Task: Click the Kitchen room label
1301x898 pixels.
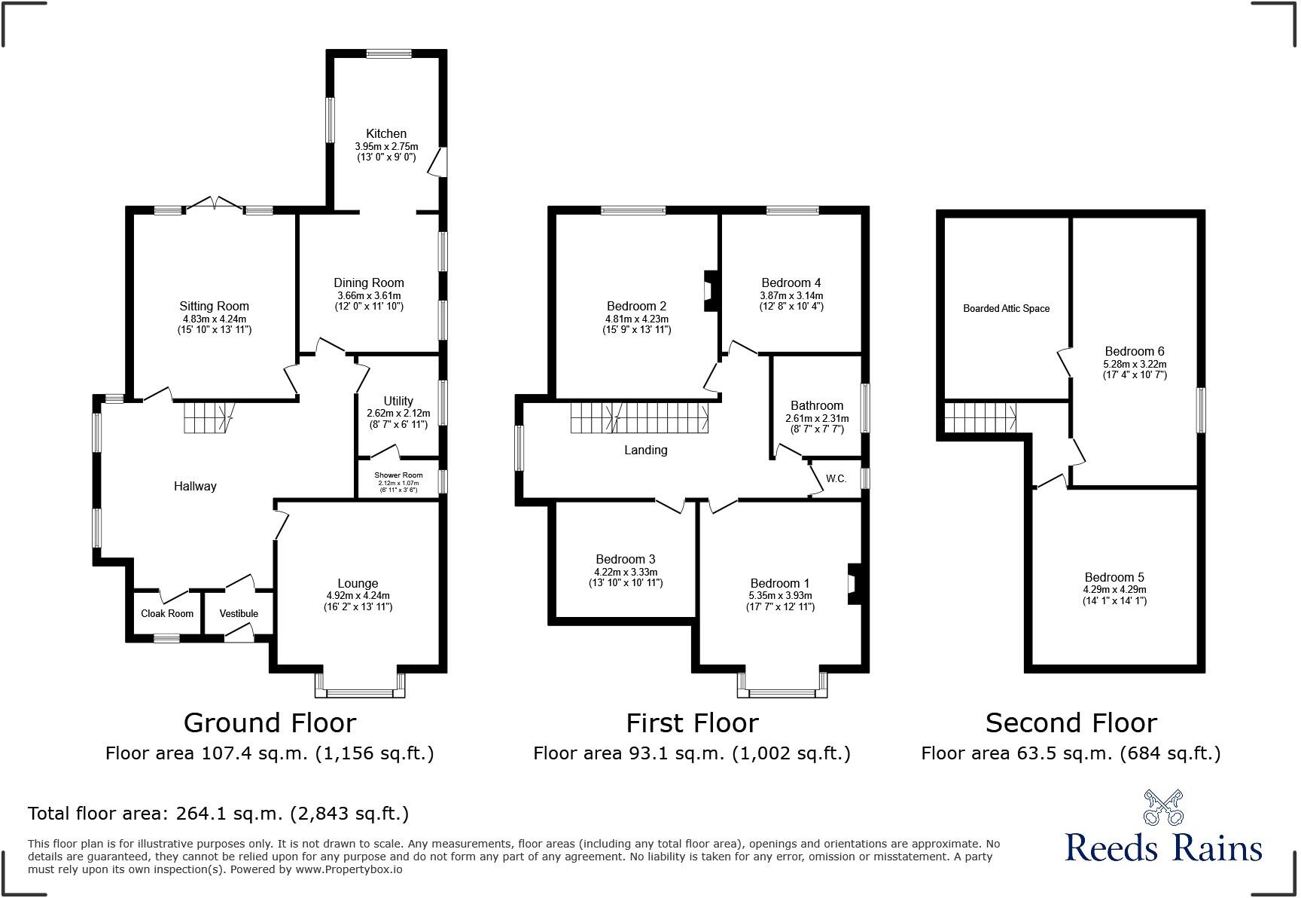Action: pyautogui.click(x=386, y=133)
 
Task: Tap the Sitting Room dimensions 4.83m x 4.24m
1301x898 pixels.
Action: pyautogui.click(x=214, y=319)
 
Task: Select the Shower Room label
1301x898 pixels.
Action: pyautogui.click(x=398, y=475)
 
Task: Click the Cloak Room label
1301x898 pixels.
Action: pyautogui.click(x=167, y=613)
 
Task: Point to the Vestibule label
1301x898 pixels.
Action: pyautogui.click(x=239, y=613)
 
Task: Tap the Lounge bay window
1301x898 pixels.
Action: pyautogui.click(x=361, y=690)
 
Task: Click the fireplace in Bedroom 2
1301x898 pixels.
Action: pyautogui.click(x=708, y=291)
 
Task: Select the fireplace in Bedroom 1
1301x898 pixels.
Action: pyautogui.click(x=853, y=584)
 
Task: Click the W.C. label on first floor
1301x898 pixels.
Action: pyautogui.click(x=836, y=478)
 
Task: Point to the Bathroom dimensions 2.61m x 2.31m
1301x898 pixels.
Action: pyautogui.click(x=817, y=418)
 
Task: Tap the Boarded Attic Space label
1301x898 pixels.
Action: pyautogui.click(x=1006, y=308)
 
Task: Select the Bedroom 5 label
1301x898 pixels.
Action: pyautogui.click(x=1114, y=577)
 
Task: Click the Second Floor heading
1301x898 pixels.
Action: pyautogui.click(x=1071, y=723)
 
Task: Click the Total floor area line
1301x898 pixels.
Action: pyautogui.click(x=218, y=814)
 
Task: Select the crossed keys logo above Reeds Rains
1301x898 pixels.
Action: pyautogui.click(x=1163, y=808)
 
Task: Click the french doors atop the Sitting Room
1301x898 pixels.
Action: pyautogui.click(x=214, y=204)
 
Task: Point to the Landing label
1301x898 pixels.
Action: pyautogui.click(x=645, y=450)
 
